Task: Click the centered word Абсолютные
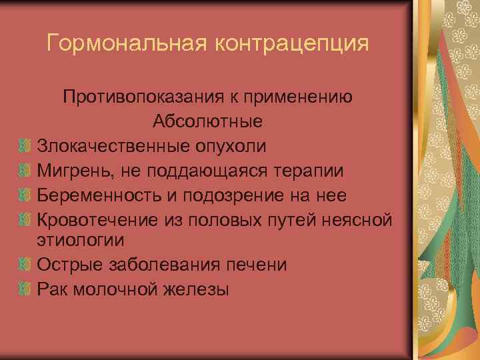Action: (x=207, y=121)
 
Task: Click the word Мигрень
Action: (x=73, y=169)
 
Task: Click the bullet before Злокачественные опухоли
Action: (x=25, y=145)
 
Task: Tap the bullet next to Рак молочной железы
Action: (x=25, y=289)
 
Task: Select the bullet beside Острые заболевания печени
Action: (x=25, y=265)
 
